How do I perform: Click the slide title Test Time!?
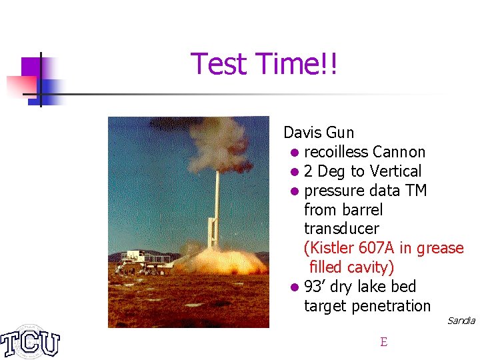tap(264, 65)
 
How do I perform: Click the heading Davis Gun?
tap(319, 133)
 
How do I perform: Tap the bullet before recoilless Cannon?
tap(295, 153)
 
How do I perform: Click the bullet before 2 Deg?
tap(295, 172)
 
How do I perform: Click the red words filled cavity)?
tap(351, 267)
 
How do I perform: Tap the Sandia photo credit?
tap(461, 321)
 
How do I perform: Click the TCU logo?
tap(30, 342)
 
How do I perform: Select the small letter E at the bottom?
tap(383, 342)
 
